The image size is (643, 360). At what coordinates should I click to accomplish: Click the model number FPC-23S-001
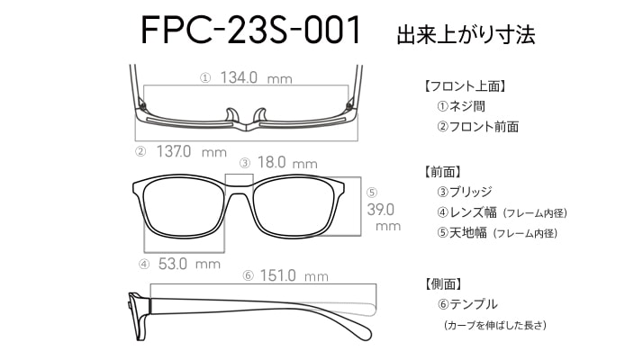(250, 30)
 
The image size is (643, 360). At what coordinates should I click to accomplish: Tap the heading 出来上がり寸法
(466, 35)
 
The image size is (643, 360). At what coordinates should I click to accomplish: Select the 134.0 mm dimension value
(257, 77)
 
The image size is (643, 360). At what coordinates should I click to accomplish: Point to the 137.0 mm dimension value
(192, 152)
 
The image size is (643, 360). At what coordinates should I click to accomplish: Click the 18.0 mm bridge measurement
(287, 163)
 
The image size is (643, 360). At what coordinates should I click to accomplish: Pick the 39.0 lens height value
(381, 210)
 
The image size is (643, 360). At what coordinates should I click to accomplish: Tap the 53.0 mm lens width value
(189, 264)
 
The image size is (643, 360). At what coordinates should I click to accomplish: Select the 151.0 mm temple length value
(294, 275)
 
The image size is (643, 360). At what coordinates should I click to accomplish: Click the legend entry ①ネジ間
(461, 106)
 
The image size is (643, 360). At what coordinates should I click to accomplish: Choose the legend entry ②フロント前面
(477, 127)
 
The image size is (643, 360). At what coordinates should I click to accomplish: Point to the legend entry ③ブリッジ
(465, 192)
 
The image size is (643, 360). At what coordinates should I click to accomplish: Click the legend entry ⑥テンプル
(467, 304)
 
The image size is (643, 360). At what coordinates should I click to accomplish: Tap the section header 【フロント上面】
(465, 86)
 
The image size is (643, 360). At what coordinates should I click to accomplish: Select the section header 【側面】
(443, 283)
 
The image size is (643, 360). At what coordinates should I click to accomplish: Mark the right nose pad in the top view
(260, 115)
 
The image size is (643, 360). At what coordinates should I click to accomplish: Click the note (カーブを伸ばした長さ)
(495, 326)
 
